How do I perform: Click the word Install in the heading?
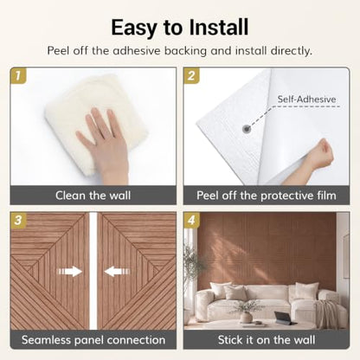pyautogui.click(x=218, y=28)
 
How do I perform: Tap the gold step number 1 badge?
pyautogui.click(x=18, y=76)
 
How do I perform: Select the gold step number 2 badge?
pyautogui.click(x=191, y=76)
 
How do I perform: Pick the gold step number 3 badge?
pyautogui.click(x=18, y=221)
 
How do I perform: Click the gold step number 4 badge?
pyautogui.click(x=191, y=221)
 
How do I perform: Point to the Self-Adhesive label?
pyautogui.click(x=306, y=100)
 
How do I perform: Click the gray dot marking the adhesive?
pyautogui.click(x=246, y=129)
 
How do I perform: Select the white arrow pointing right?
pyautogui.click(x=70, y=271)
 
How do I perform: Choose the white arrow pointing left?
pyautogui.click(x=117, y=271)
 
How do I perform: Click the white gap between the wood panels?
pyautogui.click(x=93, y=271)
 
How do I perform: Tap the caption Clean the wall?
pyautogui.click(x=93, y=196)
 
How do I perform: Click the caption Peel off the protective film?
pyautogui.click(x=267, y=196)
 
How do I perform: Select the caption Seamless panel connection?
pyautogui.click(x=93, y=340)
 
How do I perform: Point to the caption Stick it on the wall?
pyautogui.click(x=267, y=340)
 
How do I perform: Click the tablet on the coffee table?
pyautogui.click(x=283, y=318)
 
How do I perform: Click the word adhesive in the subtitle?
pyautogui.click(x=137, y=51)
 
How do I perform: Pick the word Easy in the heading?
pyautogui.click(x=134, y=28)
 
